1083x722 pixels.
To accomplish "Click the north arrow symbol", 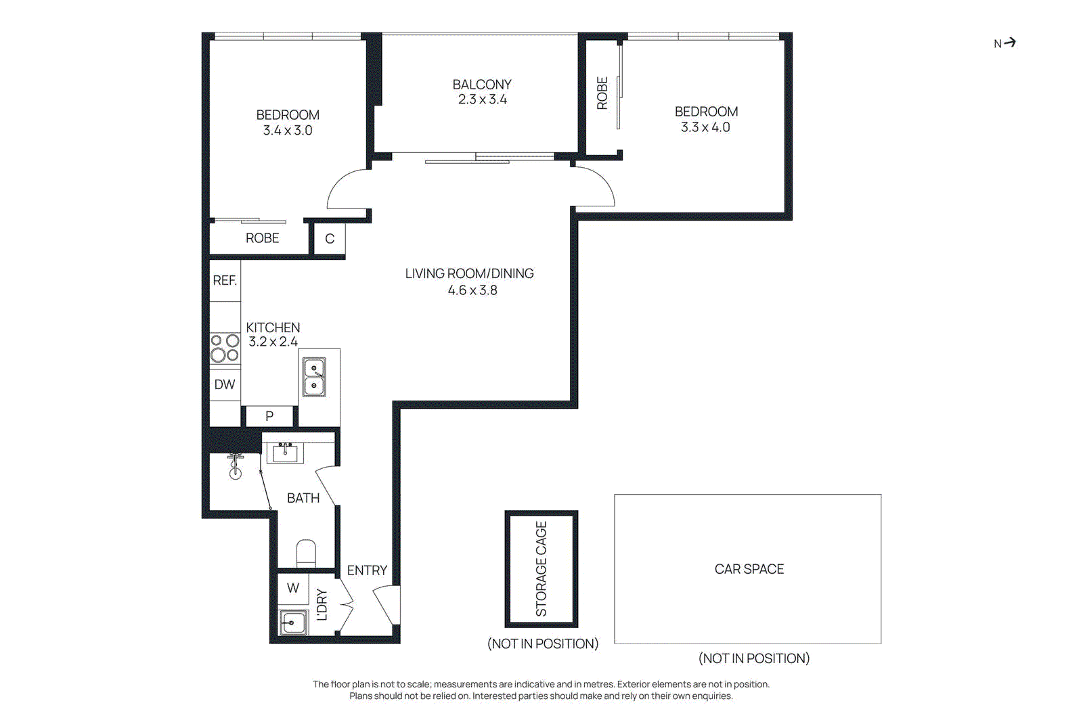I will [1009, 43].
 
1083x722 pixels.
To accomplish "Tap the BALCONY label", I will [481, 85].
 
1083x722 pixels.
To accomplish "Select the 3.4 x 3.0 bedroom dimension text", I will [288, 131].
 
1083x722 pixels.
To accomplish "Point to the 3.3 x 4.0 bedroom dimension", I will [705, 127].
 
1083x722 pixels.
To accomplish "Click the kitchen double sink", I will [314, 377].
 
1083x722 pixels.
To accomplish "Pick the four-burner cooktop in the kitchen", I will [225, 348].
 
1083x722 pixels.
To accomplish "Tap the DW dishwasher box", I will [225, 384].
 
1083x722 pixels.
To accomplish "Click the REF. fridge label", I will [225, 280].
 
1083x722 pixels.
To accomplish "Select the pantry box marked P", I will [269, 416].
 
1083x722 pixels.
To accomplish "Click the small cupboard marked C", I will [330, 239].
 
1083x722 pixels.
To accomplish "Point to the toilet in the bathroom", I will [307, 553].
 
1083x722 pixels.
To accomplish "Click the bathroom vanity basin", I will [285, 453].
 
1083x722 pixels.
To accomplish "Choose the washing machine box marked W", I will [293, 588].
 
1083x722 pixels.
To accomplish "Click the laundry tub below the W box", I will [293, 622].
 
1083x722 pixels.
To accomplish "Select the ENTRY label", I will [367, 570].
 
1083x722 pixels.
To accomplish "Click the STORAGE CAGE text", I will [541, 568].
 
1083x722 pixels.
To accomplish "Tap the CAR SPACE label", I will [749, 569].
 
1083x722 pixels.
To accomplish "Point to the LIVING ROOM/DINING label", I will [469, 273].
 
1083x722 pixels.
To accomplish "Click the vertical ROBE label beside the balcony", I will [602, 93].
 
